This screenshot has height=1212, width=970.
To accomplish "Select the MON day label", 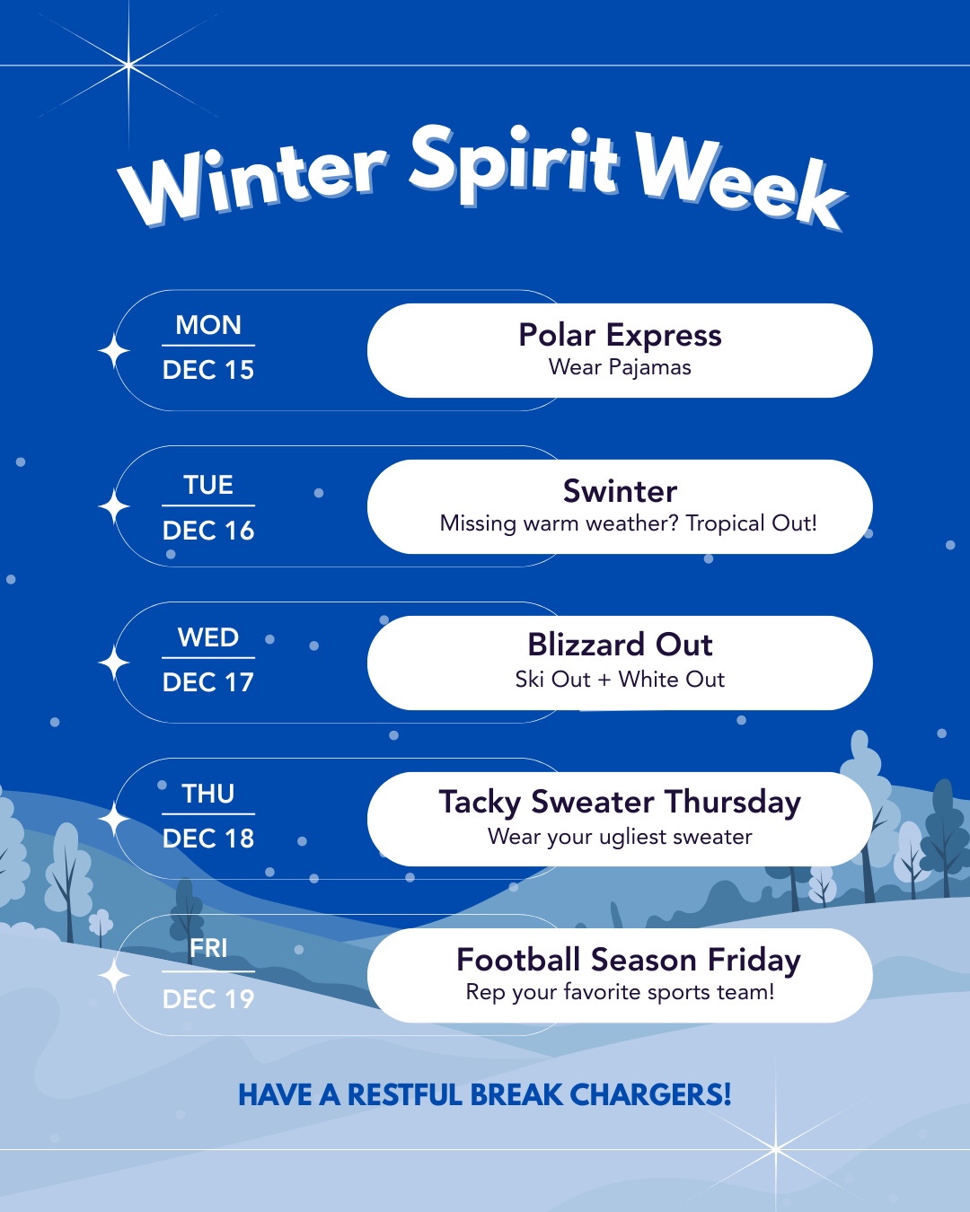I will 208,325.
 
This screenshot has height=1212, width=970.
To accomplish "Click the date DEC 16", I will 208,531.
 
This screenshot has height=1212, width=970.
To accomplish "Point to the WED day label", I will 208,637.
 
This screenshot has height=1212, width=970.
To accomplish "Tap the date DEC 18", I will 208,839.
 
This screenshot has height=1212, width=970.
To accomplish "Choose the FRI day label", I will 208,948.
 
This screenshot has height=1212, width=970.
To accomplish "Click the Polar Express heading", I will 620,335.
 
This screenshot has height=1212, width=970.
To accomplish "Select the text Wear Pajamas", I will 620,367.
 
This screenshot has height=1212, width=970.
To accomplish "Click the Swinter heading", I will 620,491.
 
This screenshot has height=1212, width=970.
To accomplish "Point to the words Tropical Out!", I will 751,523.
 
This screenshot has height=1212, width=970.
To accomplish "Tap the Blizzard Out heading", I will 620,645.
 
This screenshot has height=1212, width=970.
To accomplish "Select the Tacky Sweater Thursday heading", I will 620,802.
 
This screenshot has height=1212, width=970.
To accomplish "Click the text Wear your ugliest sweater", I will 620,837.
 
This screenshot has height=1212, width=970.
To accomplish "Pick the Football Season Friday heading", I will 628,960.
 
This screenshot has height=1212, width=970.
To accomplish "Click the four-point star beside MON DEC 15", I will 114,351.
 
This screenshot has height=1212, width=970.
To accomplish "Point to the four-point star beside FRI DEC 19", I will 114,976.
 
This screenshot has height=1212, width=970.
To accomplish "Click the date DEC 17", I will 208,682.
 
